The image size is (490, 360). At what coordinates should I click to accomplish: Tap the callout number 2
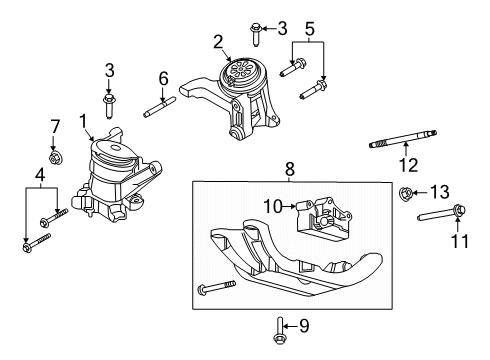[218, 42]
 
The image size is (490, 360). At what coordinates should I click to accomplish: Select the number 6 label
[163, 79]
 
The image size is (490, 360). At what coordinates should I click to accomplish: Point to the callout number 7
[55, 127]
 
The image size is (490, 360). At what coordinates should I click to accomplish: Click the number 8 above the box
[290, 169]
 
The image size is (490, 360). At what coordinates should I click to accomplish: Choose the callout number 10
[273, 207]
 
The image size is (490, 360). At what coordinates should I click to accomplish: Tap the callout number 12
[409, 165]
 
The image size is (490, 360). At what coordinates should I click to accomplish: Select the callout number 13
[440, 192]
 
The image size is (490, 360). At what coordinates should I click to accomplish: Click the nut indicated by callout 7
[53, 157]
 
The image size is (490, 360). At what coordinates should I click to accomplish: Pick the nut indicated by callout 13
[404, 192]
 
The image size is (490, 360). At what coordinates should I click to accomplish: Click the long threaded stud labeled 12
[403, 138]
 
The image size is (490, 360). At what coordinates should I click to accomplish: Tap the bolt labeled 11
[441, 213]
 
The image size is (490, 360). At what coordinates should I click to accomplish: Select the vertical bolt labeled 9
[279, 330]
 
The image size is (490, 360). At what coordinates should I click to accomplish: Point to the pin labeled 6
[159, 107]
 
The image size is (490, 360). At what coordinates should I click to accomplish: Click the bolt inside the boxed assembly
[217, 287]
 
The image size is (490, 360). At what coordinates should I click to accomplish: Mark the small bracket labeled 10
[323, 219]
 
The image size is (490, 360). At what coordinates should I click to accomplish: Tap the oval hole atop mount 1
[115, 148]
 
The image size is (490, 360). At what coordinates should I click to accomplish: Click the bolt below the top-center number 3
[256, 35]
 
